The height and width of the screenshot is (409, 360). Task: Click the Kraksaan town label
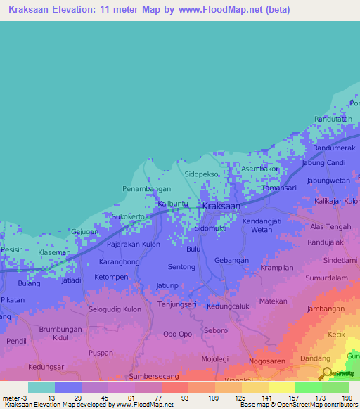point(221,207)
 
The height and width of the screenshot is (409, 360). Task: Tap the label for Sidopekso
point(202,172)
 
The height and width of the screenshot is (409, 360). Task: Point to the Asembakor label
point(261,169)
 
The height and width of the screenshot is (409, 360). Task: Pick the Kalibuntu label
point(172,204)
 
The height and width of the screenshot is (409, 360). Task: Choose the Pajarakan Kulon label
point(134,245)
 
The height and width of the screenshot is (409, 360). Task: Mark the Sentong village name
point(181,267)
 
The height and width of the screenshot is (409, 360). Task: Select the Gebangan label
point(232,260)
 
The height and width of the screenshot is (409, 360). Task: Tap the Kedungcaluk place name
point(229,306)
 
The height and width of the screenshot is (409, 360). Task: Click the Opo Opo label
point(176,334)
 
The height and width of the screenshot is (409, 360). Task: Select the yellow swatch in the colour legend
point(281,387)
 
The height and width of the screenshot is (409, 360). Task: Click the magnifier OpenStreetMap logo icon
point(326,373)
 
